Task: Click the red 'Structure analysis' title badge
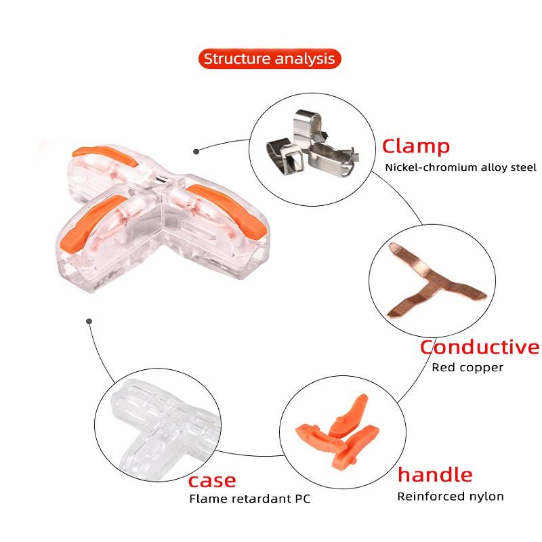click(270, 59)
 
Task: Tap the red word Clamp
click(416, 146)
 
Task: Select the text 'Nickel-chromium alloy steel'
click(461, 167)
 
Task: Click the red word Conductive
click(480, 347)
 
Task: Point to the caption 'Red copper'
click(467, 367)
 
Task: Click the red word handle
click(435, 475)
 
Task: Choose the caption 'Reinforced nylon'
click(451, 497)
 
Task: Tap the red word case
click(212, 481)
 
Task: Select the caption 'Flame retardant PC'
click(249, 499)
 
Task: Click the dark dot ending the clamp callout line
click(196, 151)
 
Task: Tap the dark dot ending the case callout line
click(89, 321)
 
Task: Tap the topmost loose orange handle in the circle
click(349, 415)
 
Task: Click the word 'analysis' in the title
click(305, 59)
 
